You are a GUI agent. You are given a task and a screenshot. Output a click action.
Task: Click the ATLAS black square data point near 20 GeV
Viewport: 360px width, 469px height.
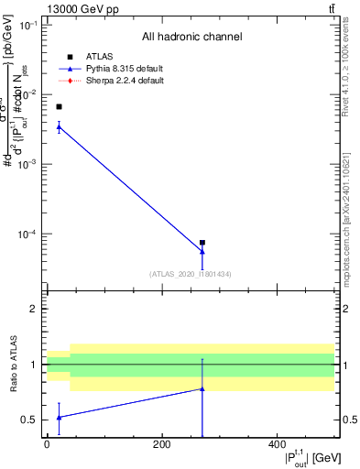pyautogui.click(x=59, y=107)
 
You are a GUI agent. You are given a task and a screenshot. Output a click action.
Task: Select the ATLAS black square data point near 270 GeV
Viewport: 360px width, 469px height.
pyautogui.click(x=202, y=243)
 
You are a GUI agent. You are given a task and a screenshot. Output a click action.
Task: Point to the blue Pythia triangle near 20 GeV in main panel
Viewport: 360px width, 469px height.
pyautogui.click(x=59, y=126)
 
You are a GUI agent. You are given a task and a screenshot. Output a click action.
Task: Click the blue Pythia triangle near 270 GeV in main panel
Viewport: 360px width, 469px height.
pyautogui.click(x=202, y=251)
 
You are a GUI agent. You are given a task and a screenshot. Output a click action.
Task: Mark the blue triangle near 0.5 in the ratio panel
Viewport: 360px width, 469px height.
pyautogui.click(x=59, y=417)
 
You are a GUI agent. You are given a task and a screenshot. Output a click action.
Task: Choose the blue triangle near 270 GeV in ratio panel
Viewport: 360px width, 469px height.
pyautogui.click(x=202, y=389)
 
